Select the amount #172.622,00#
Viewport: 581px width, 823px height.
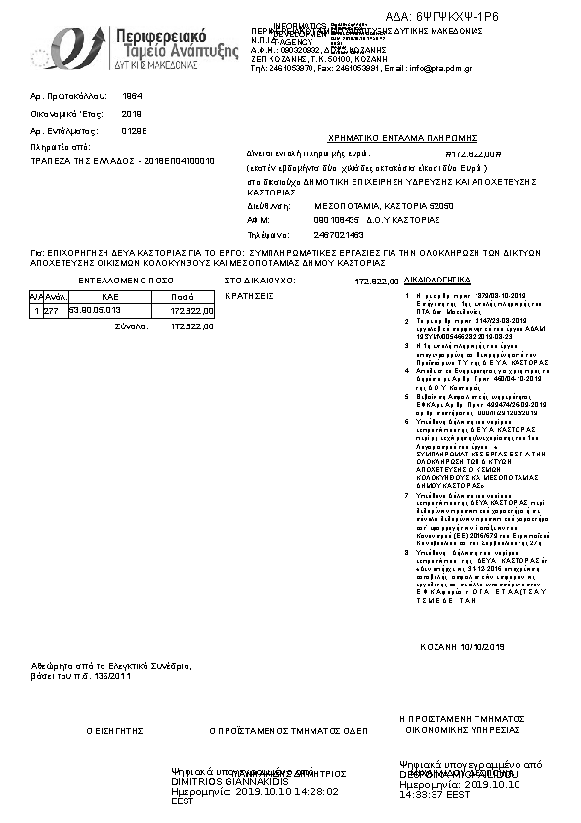pyautogui.click(x=473, y=154)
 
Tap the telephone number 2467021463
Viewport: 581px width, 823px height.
pyautogui.click(x=312, y=235)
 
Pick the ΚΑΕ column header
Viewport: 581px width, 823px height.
pyautogui.click(x=110, y=296)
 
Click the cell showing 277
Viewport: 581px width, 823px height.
pyautogui.click(x=52, y=310)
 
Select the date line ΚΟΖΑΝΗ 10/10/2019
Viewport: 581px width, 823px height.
pyautogui.click(x=462, y=647)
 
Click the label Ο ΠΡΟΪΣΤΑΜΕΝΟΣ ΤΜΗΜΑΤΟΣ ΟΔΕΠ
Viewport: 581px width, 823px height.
pyautogui.click(x=288, y=730)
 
